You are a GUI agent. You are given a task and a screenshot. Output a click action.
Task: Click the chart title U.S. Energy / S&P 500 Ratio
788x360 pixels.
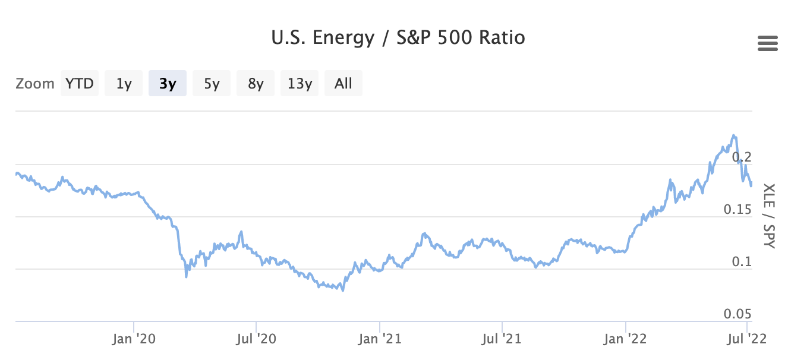tap(398, 39)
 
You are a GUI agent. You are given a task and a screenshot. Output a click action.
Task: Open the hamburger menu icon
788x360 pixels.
tap(768, 44)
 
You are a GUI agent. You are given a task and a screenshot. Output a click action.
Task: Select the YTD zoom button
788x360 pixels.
tap(80, 83)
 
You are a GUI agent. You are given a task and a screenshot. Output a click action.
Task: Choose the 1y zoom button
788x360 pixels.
tap(124, 83)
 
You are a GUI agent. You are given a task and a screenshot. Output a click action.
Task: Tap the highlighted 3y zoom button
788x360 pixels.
tap(168, 83)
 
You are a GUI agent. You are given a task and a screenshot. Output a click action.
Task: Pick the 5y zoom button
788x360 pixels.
tap(212, 83)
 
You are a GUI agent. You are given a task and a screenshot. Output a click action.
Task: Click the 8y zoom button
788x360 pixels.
tap(256, 83)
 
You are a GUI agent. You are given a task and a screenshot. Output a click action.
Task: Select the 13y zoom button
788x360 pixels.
tap(300, 83)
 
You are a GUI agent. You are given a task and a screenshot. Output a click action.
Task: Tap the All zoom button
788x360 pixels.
tap(343, 83)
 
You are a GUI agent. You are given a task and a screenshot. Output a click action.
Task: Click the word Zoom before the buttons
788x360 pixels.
tap(35, 83)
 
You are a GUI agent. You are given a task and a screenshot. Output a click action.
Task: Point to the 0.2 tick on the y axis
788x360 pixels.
tap(743, 157)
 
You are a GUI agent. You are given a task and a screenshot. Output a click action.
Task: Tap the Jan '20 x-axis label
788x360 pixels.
tap(134, 339)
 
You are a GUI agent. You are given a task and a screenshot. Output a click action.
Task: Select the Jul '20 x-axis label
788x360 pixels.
tap(256, 339)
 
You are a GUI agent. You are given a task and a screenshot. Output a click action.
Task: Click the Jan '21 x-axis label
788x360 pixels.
tap(380, 339)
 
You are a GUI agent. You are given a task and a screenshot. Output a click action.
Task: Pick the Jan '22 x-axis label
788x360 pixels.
tap(626, 339)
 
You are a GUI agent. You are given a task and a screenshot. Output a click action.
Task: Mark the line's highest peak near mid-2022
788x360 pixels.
tap(734, 135)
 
